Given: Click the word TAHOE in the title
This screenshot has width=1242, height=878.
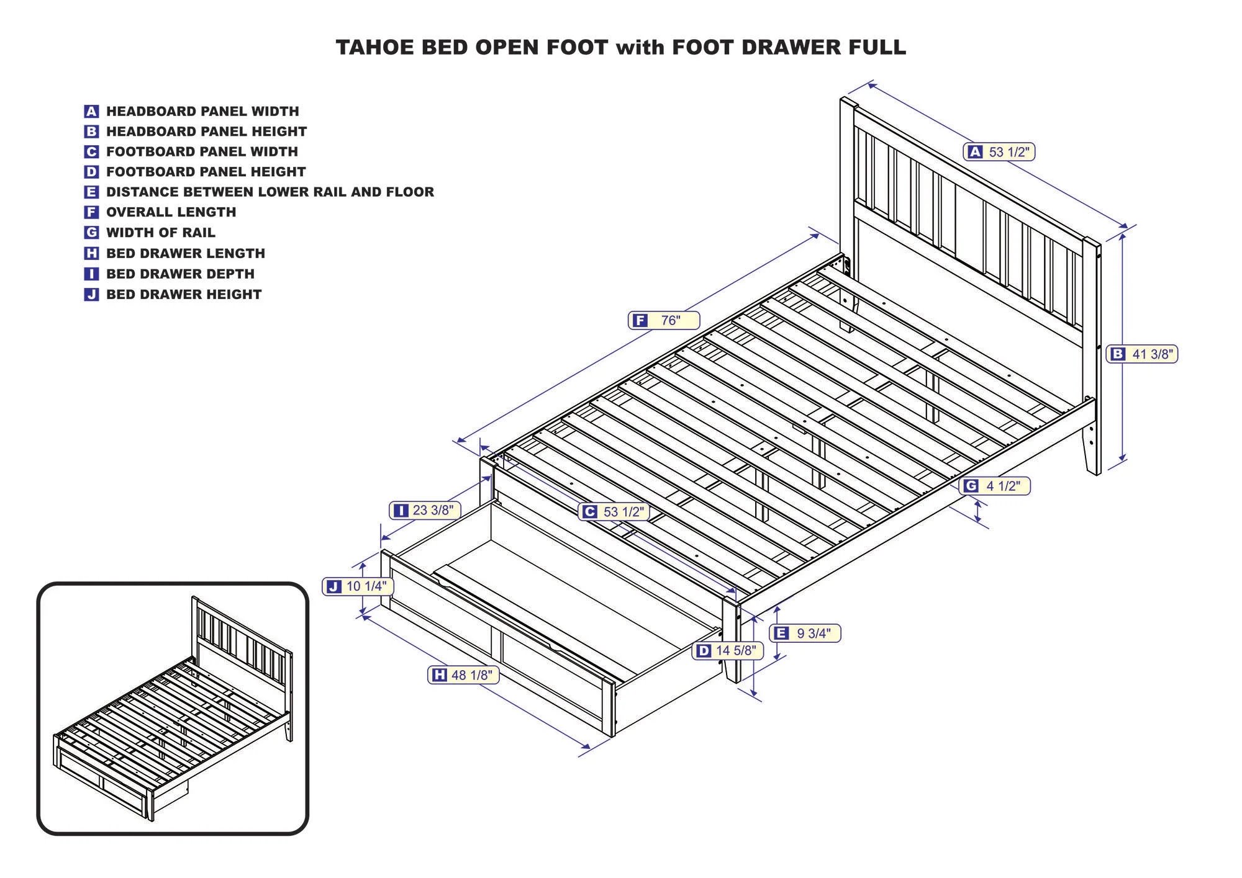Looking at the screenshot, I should [x=375, y=47].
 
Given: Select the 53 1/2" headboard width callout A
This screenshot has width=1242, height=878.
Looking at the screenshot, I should [x=999, y=151].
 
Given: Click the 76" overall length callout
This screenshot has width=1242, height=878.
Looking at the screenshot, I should [x=663, y=320].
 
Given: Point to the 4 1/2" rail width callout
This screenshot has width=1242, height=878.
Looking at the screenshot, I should [x=994, y=486].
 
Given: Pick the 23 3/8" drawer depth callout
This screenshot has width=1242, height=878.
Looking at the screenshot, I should [x=425, y=510].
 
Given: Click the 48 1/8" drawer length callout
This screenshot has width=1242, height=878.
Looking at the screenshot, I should [x=463, y=674].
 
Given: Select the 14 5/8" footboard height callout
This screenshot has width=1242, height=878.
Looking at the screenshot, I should [x=727, y=650].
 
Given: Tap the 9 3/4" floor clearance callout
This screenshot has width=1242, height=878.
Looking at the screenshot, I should [x=804, y=633].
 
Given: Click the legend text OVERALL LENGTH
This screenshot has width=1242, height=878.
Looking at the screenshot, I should [x=171, y=212].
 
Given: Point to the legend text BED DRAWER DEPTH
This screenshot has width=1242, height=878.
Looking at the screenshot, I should [x=180, y=274].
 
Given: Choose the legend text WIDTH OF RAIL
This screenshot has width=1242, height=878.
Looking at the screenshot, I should [x=160, y=233].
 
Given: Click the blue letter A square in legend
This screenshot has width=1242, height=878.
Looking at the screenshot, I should [x=91, y=112].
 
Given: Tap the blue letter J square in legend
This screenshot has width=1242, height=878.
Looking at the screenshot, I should [x=91, y=294].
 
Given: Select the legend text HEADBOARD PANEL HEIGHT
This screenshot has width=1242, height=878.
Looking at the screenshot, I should [x=206, y=132].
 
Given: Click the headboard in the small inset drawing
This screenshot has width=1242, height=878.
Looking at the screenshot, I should [x=242, y=633].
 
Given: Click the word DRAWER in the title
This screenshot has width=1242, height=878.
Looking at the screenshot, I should [x=786, y=47].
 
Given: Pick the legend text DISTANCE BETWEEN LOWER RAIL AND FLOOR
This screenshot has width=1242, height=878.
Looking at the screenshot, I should [x=270, y=192].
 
